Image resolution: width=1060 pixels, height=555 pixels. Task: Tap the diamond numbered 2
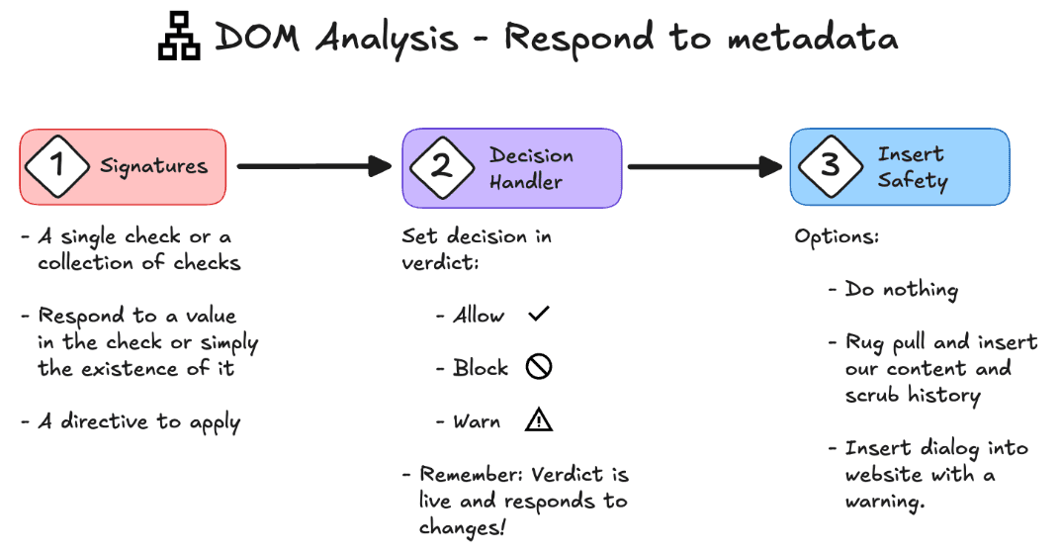tap(441, 166)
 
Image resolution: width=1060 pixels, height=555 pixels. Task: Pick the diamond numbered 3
tap(831, 165)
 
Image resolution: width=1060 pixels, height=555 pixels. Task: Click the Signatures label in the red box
tap(153, 165)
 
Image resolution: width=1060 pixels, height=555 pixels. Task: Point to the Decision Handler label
tap(531, 168)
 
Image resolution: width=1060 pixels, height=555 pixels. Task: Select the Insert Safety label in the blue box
tap(912, 167)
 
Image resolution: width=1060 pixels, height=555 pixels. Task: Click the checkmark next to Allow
tap(539, 315)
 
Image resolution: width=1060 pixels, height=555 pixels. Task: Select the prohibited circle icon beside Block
tap(539, 368)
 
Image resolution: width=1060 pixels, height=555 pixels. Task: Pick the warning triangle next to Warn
tap(539, 420)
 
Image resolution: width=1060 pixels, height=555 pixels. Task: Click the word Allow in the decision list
tap(479, 316)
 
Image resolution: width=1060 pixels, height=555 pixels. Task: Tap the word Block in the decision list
tap(481, 368)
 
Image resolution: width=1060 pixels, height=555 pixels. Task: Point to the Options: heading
tap(837, 238)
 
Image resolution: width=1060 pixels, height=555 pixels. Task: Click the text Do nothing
tap(902, 290)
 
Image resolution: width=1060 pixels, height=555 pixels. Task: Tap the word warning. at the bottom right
tap(885, 501)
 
